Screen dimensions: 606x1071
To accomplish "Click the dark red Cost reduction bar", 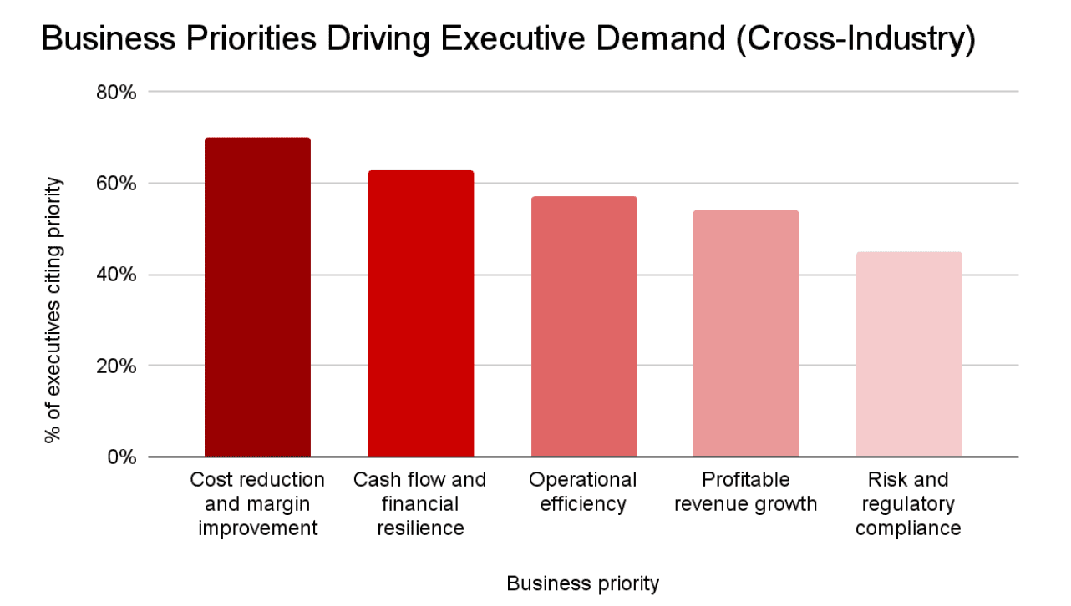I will point(257,297).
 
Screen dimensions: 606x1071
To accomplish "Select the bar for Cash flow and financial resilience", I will point(421,314).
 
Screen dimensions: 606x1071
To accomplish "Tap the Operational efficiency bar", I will point(584,326).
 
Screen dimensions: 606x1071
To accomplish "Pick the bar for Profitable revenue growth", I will point(746,334).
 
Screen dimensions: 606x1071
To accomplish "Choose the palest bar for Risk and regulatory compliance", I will point(909,354).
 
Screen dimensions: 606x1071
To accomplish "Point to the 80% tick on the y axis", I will point(116,92).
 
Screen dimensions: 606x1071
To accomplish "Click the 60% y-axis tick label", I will point(116,183).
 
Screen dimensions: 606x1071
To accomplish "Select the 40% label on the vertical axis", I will point(116,275).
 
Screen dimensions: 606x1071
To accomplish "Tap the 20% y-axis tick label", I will point(116,366).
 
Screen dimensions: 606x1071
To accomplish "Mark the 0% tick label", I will point(121,457).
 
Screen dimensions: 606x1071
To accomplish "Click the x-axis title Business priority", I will point(582,583).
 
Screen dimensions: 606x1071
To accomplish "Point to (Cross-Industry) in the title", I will point(855,40).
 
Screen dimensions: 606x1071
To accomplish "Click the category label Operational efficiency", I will point(583,492).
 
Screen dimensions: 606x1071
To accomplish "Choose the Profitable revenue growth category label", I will point(745,492).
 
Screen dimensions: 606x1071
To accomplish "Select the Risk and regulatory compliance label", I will point(908,504).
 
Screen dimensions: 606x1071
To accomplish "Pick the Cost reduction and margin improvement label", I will point(257,504).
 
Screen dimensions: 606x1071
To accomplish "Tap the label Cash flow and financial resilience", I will point(420,504).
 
